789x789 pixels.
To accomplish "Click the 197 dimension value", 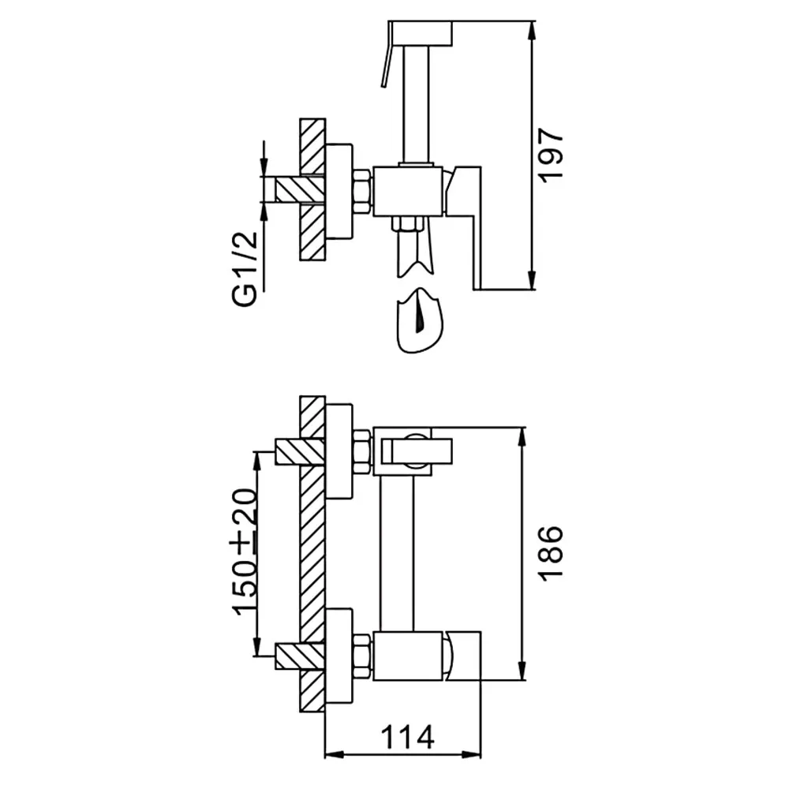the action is pos(551,155).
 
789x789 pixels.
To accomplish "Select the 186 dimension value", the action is pos(551,554).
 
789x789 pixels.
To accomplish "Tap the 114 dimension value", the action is pos(407,738).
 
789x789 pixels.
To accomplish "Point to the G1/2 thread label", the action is pos(245,269).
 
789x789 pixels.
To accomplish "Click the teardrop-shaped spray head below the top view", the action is pos(421,321).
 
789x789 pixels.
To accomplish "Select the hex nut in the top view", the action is pos(362,191).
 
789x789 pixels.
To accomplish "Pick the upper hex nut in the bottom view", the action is pos(362,451).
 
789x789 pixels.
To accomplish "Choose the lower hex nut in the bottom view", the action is pos(362,656).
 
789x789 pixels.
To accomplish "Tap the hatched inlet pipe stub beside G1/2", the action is pos(300,190).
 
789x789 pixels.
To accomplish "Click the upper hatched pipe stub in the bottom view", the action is pos(300,452).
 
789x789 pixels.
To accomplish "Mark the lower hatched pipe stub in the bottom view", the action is pos(300,656).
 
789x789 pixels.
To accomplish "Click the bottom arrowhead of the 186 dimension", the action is pos(522,670).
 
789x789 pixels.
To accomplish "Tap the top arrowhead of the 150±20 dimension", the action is pos(257,462).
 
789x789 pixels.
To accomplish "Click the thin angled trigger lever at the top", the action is pos(386,62).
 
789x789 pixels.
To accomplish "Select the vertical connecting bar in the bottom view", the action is pos(397,552).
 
